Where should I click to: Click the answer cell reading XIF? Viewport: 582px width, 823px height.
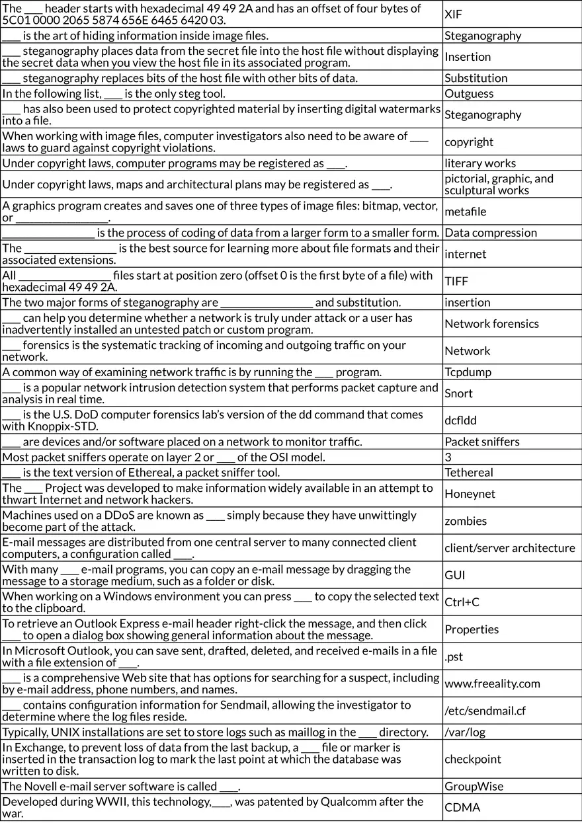(x=454, y=14)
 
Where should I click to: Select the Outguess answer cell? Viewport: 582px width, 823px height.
(x=469, y=93)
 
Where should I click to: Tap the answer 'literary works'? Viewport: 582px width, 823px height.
(x=480, y=163)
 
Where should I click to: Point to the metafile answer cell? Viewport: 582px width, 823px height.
(x=465, y=212)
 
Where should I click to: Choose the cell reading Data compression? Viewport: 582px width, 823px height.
(x=491, y=232)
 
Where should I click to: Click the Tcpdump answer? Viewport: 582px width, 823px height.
(x=468, y=372)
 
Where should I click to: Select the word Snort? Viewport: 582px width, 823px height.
(x=458, y=393)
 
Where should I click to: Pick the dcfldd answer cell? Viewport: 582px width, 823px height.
(x=460, y=420)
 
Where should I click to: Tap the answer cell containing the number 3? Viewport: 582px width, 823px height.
(x=448, y=457)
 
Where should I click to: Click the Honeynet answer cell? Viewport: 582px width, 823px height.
(x=470, y=494)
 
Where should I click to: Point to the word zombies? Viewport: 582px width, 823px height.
(x=466, y=521)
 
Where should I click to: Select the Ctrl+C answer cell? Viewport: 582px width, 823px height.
(x=462, y=602)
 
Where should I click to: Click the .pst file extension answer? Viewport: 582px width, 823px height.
(x=454, y=656)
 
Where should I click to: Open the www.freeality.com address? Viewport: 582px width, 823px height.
(x=492, y=684)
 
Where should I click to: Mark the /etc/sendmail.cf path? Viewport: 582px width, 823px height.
(x=485, y=711)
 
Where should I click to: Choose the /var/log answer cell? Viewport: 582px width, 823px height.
(x=464, y=732)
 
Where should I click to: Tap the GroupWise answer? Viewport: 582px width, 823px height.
(x=474, y=786)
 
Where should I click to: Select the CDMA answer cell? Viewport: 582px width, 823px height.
(x=462, y=807)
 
